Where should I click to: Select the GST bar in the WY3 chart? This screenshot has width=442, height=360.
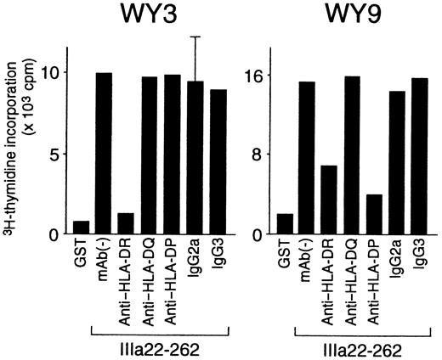point(82,227)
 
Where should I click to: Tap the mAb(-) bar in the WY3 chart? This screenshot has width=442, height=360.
point(105,154)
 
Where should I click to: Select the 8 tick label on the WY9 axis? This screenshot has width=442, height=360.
point(257,155)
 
